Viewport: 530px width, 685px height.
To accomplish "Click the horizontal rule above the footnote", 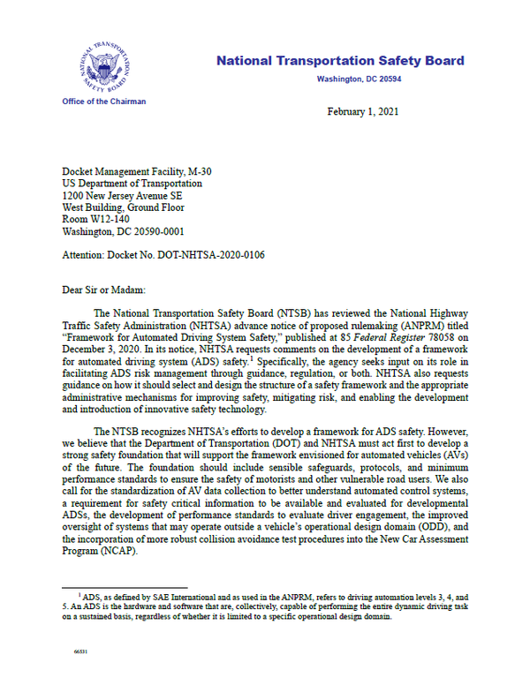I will click(124, 586).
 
